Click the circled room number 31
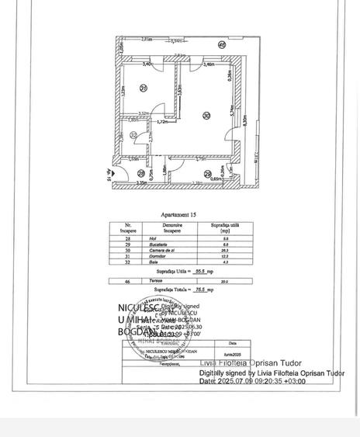144,88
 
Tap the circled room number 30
206,116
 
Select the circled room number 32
133,136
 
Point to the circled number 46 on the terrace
222,46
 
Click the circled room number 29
208,175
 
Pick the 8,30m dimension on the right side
244,121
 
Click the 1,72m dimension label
162,122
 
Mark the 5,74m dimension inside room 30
231,111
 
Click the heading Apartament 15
178,215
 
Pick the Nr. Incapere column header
129,228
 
